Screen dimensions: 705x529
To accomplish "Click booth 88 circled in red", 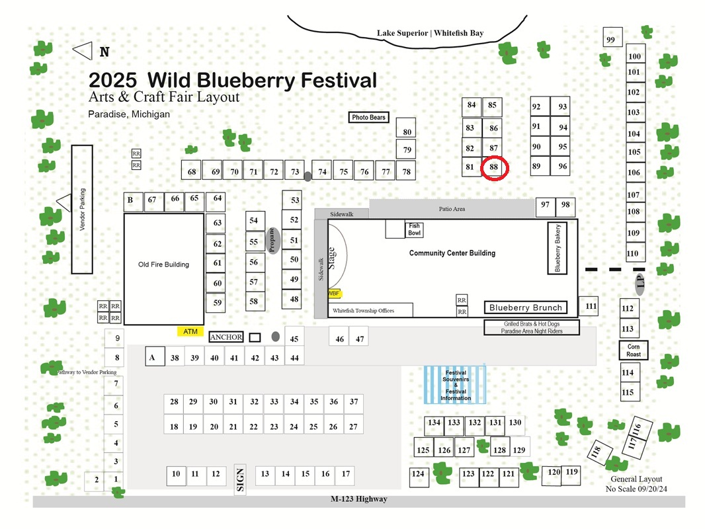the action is (x=494, y=168).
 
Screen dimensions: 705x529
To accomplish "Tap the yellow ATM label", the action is (x=190, y=332).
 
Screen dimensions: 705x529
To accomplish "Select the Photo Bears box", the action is (x=368, y=117).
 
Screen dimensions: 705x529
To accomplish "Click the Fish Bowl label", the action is (x=415, y=229).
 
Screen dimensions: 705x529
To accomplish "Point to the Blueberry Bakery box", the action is (x=557, y=248).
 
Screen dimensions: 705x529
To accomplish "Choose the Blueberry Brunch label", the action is (x=526, y=307).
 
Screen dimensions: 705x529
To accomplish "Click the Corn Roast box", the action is (x=634, y=350).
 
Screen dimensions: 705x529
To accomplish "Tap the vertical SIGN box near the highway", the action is (x=240, y=479).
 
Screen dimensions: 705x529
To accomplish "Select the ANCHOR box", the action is (x=226, y=337).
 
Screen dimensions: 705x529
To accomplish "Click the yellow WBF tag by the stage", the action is (x=334, y=294).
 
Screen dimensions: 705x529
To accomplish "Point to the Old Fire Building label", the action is (x=163, y=264).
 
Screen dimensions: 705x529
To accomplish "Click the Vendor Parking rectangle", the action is (x=82, y=210).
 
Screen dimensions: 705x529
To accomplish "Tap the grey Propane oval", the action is (x=272, y=241).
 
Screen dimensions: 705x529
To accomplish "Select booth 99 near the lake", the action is (x=612, y=37).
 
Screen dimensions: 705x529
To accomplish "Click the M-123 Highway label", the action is (x=359, y=499).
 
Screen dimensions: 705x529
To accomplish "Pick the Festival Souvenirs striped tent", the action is (x=455, y=385).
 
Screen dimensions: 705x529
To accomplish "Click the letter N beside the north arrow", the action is (x=104, y=52).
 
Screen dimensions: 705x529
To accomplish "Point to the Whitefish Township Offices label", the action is (x=363, y=311).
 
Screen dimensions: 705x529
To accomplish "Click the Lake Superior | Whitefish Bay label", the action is (x=431, y=33).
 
